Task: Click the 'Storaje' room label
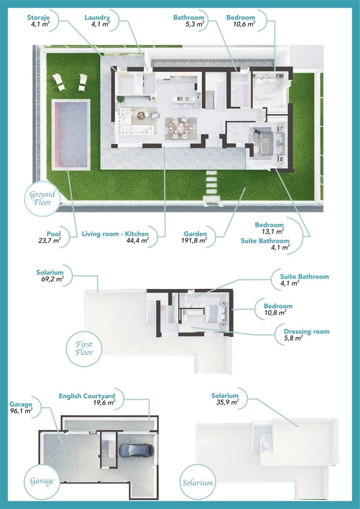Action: coord(39,17)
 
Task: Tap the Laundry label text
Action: coord(97,17)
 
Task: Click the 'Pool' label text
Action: coord(54,234)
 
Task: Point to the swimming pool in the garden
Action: coord(70,134)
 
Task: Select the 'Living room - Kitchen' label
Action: coord(115,234)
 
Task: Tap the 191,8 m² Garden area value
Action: coord(194,240)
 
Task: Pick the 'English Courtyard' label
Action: coord(87,396)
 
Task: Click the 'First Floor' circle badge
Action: coord(84,348)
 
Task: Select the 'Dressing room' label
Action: coord(307,331)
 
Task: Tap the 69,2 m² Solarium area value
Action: coord(50,279)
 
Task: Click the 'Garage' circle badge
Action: coord(42,481)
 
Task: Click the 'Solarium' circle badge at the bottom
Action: coord(198,482)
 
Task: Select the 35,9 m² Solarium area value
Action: coord(227,402)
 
